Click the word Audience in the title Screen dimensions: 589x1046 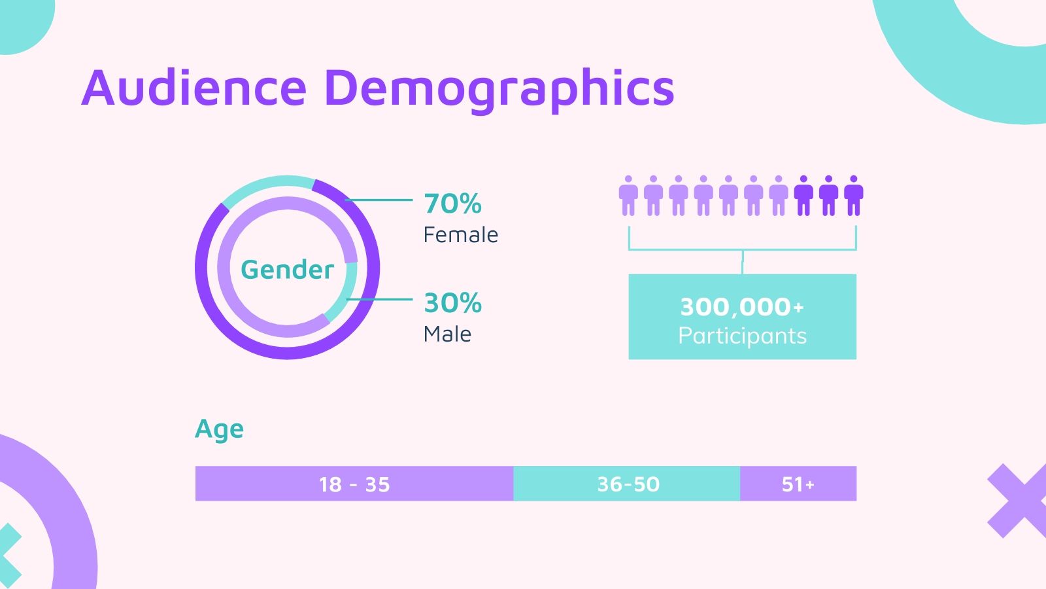(x=194, y=88)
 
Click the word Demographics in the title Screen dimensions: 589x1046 (x=499, y=90)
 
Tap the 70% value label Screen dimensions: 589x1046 (x=452, y=204)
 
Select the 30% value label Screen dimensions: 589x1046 (x=452, y=303)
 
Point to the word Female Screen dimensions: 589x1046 (x=460, y=235)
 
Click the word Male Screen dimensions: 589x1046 (x=447, y=334)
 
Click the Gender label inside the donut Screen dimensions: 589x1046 (x=287, y=270)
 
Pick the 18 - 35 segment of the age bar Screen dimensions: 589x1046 (x=354, y=484)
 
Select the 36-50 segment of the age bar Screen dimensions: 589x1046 (x=628, y=484)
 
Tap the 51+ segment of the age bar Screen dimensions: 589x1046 (x=798, y=484)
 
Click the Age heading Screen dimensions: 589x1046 (x=219, y=429)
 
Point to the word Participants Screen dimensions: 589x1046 (x=742, y=336)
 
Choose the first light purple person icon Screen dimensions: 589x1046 (x=628, y=196)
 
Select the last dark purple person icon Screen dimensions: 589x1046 (x=853, y=196)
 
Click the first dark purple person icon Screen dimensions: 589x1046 (x=803, y=196)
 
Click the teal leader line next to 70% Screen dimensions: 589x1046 (x=379, y=200)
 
